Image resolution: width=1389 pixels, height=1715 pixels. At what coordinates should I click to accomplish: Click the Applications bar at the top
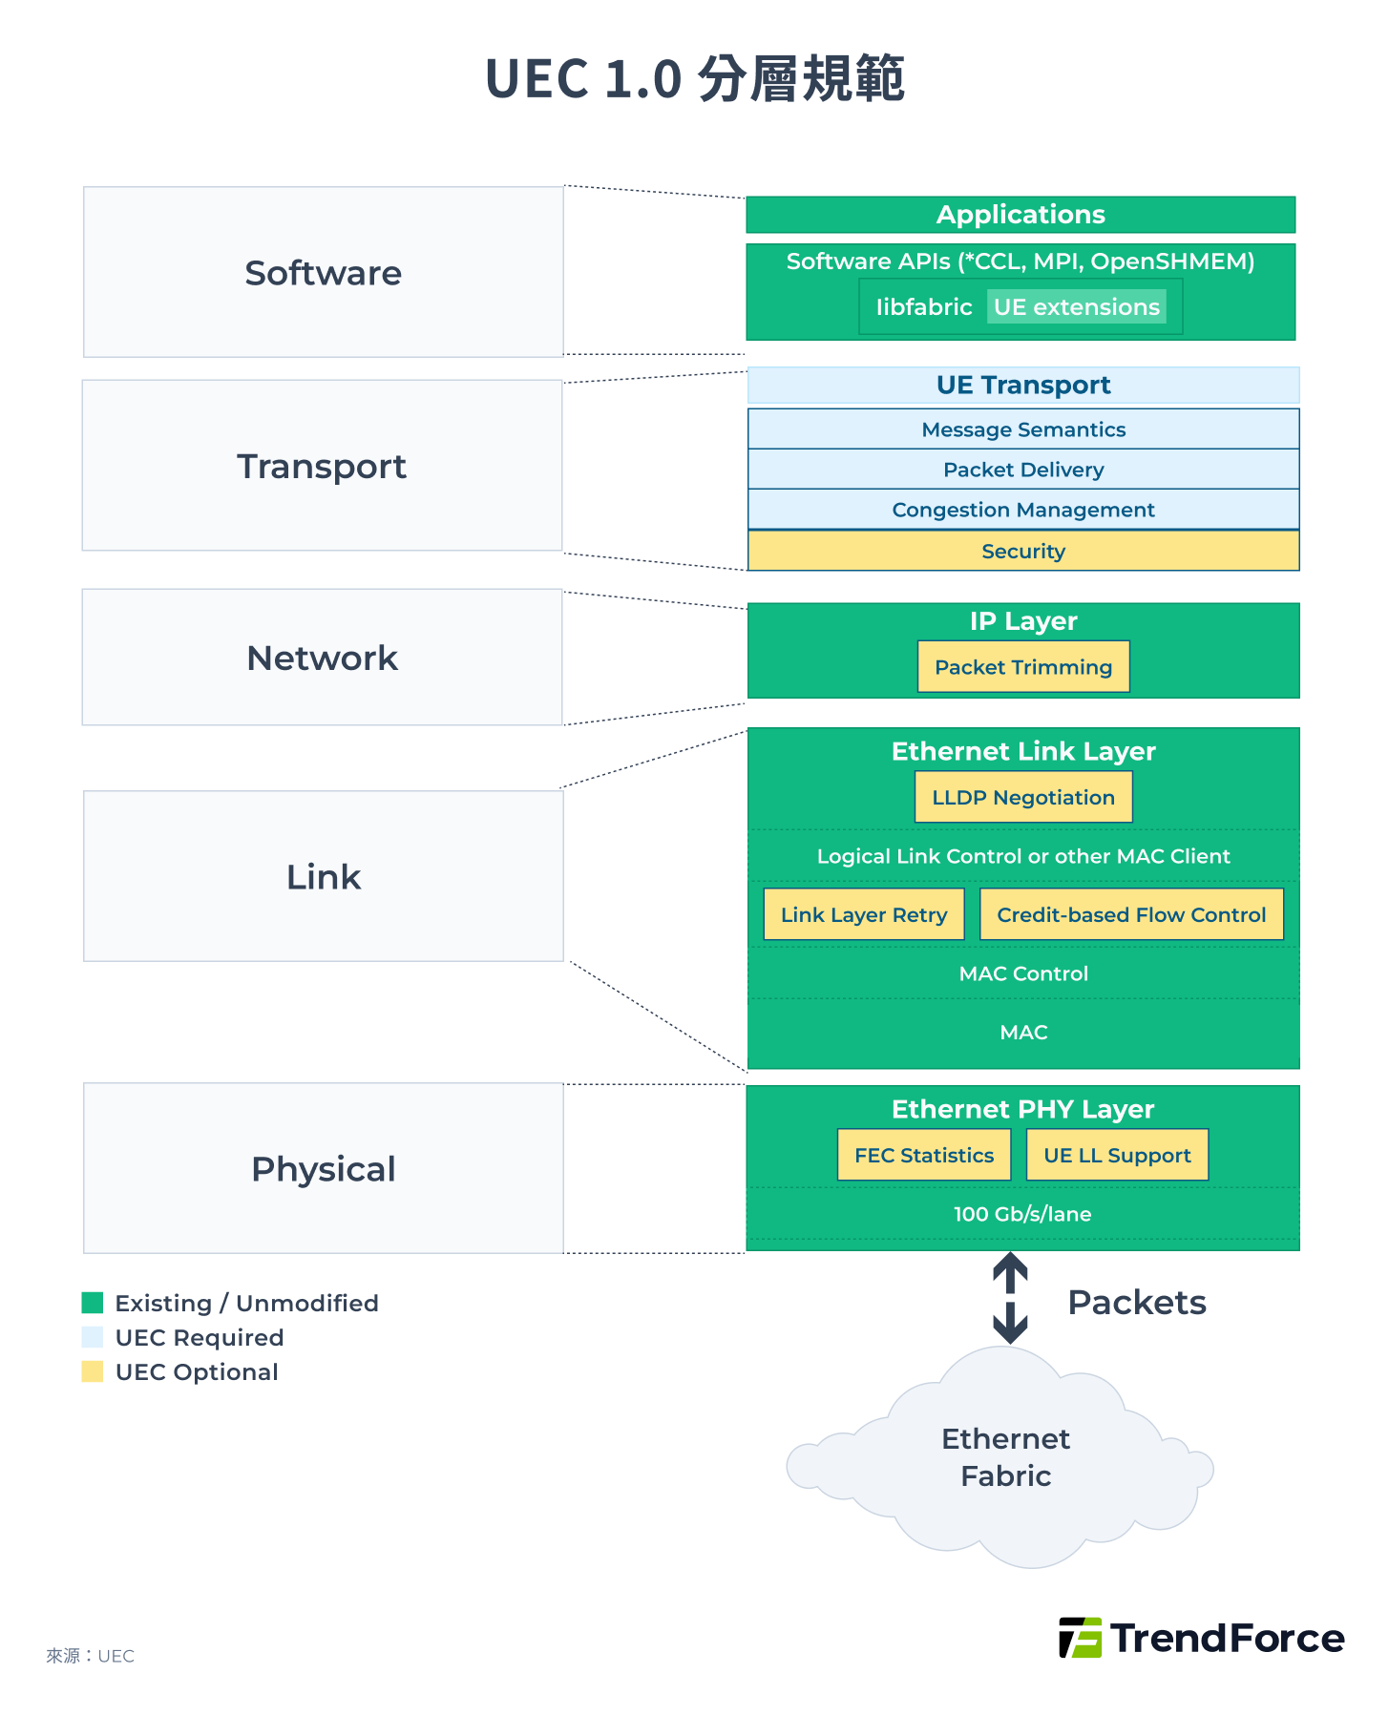coord(1020,215)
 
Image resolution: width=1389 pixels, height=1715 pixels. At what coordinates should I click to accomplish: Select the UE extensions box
coord(1076,307)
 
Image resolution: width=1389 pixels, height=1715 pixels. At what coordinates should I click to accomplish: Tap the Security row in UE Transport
coord(1022,552)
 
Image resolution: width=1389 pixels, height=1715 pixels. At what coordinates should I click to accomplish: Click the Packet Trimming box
coord(1022,667)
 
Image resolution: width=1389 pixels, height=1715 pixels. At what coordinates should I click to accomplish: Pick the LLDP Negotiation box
coord(1022,797)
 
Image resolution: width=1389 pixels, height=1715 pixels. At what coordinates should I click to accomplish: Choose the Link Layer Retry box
coord(863,914)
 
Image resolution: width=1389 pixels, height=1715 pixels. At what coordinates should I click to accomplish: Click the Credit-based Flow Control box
coord(1130,914)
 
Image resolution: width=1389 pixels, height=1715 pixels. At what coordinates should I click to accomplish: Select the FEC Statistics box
coord(923,1155)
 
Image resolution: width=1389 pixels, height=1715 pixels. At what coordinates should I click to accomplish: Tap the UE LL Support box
coord(1116,1155)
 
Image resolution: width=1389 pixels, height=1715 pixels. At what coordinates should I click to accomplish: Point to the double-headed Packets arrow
coord(1009,1298)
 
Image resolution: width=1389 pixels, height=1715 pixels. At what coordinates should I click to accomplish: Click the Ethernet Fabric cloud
coord(1004,1457)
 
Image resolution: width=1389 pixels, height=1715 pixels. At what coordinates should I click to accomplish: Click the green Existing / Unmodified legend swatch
coord(93,1303)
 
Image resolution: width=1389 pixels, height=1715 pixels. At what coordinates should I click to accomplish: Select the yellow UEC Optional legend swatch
coord(93,1371)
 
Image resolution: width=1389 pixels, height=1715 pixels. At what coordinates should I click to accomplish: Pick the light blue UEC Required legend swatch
coord(93,1337)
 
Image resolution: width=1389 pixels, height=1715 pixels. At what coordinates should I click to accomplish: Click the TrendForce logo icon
coord(1081,1638)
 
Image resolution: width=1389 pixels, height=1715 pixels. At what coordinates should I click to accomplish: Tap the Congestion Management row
coord(1022,510)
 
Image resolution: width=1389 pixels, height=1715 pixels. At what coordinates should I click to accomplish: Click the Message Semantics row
coord(1022,429)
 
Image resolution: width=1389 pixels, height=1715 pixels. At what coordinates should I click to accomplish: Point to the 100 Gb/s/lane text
coord(1021,1214)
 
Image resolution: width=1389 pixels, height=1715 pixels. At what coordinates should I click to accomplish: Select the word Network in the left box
coord(322,659)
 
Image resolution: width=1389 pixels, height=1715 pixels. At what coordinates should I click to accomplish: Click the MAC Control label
coord(1022,973)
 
